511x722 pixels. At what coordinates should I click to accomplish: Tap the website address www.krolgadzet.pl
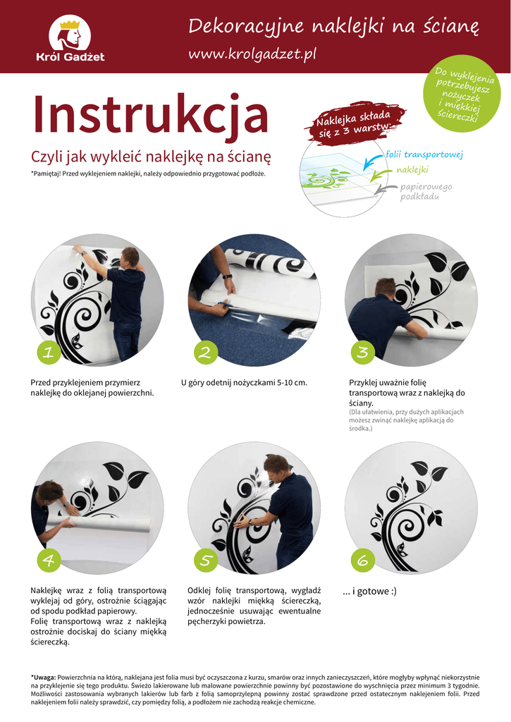coord(252,54)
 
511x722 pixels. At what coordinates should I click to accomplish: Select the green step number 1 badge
coord(49,353)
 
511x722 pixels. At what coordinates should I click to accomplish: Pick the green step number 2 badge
coord(206,353)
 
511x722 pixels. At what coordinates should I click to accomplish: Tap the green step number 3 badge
coord(363,353)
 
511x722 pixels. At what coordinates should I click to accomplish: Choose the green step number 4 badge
coord(49,560)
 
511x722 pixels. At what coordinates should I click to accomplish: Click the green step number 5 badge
coord(206,560)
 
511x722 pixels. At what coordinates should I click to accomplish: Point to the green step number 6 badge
coord(363,560)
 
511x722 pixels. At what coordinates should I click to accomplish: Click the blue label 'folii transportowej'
coord(424,154)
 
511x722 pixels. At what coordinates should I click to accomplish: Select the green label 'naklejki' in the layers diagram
coord(412,170)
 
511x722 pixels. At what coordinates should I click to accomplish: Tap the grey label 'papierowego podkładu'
coord(426,192)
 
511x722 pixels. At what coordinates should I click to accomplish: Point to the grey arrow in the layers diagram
coord(386,189)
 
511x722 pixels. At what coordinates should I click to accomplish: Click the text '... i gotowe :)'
coord(369,592)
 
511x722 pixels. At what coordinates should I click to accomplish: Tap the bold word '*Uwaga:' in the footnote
coord(43,678)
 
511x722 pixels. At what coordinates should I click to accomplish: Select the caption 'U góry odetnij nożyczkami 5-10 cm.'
coord(244,383)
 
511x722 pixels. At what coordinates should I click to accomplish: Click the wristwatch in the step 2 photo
coord(227,276)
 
